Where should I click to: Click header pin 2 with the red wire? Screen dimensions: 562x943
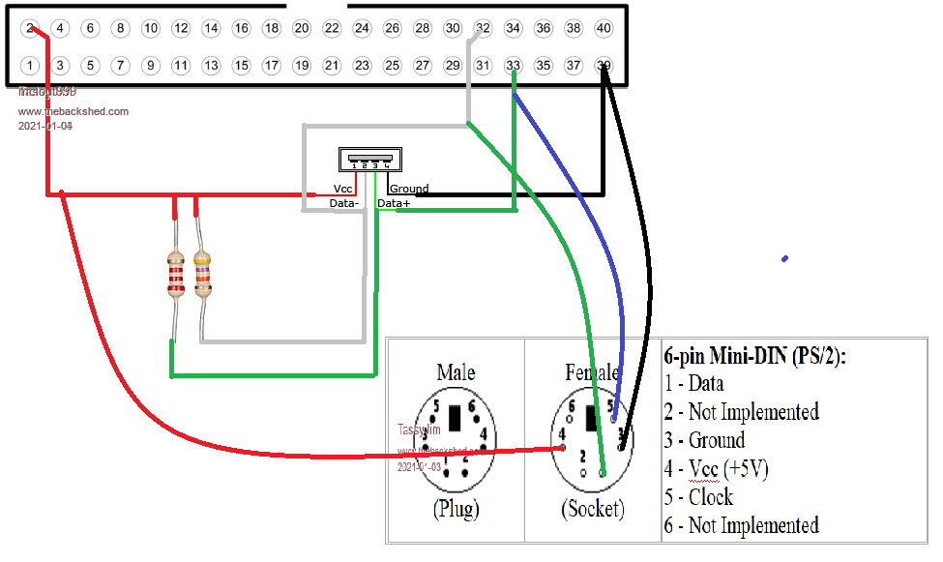[x=30, y=29]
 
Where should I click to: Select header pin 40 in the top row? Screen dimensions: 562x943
[x=604, y=29]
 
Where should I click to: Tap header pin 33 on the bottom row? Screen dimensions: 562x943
[x=513, y=66]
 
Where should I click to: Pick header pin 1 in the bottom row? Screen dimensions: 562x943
[x=30, y=66]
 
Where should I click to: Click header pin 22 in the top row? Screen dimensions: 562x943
[x=332, y=29]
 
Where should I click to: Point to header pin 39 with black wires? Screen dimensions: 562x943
[x=604, y=66]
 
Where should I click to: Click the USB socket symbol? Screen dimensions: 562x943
[x=368, y=159]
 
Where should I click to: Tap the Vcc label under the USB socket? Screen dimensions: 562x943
[x=342, y=189]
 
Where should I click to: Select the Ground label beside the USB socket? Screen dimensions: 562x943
[x=409, y=189]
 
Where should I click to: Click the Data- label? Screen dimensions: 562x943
[x=343, y=204]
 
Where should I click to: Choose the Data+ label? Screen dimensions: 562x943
[x=394, y=204]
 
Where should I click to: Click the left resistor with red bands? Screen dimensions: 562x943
[x=175, y=273]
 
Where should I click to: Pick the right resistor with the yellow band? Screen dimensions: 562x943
[x=202, y=273]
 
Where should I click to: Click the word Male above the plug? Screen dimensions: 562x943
[x=456, y=372]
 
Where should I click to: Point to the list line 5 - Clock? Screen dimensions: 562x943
[x=698, y=497]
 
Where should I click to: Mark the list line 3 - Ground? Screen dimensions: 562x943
[x=704, y=440]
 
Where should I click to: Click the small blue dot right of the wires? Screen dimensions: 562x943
[x=784, y=258]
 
